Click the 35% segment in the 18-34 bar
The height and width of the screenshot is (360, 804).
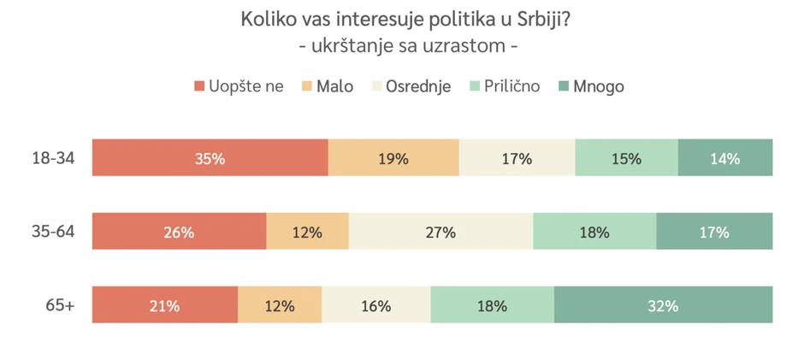coord(210,158)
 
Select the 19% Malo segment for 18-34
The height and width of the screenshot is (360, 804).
coord(393,158)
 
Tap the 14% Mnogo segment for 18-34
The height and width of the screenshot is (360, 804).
coord(725,158)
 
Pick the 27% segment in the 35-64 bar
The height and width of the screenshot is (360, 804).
coord(440,232)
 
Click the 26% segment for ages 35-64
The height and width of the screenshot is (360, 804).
coord(180,232)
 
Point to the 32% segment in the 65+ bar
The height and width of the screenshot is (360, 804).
coord(663,305)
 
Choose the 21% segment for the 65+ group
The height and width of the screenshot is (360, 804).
coord(165,305)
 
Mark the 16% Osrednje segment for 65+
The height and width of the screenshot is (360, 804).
coord(376,305)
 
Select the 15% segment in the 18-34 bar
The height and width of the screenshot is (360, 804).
coord(626,158)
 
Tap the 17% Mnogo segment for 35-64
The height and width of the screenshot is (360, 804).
coord(714,232)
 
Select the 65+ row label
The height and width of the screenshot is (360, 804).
coord(59,305)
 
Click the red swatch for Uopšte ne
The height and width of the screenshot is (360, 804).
coord(199,86)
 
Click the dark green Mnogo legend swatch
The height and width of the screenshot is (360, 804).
coord(564,86)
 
